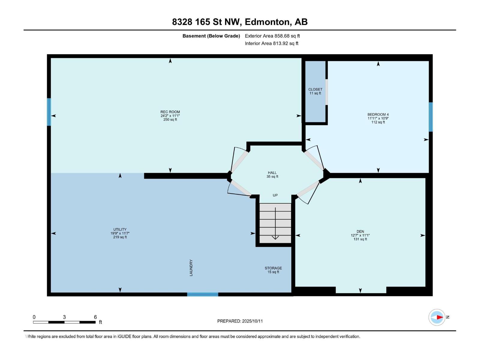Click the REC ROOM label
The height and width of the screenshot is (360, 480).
pyautogui.click(x=170, y=112)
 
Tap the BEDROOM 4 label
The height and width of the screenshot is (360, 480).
pyautogui.click(x=378, y=115)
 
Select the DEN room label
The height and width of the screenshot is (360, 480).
pyautogui.click(x=360, y=232)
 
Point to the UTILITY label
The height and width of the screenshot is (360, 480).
pyautogui.click(x=120, y=229)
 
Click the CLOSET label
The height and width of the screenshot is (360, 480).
pyautogui.click(x=315, y=89)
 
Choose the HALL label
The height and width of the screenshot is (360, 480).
pyautogui.click(x=272, y=173)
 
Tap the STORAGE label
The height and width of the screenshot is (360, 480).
pyautogui.click(x=273, y=268)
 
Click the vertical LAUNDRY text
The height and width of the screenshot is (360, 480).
pyautogui.click(x=191, y=268)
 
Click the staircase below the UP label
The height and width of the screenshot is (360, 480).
pyautogui.click(x=275, y=223)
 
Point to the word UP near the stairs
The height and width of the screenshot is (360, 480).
pyautogui.click(x=275, y=195)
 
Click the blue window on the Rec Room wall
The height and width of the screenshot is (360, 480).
pyautogui.click(x=49, y=112)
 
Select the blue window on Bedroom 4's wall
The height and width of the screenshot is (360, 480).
pyautogui.click(x=430, y=117)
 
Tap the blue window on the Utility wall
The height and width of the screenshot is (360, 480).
pyautogui.click(x=203, y=294)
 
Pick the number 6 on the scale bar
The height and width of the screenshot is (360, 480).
pyautogui.click(x=95, y=317)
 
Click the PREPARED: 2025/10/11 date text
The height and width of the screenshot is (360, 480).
pyautogui.click(x=240, y=321)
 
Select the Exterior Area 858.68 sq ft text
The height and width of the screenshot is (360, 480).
pyautogui.click(x=272, y=36)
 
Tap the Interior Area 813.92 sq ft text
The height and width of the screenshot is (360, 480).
pyautogui.click(x=271, y=43)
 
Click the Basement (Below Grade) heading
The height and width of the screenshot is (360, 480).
pyautogui.click(x=211, y=36)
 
